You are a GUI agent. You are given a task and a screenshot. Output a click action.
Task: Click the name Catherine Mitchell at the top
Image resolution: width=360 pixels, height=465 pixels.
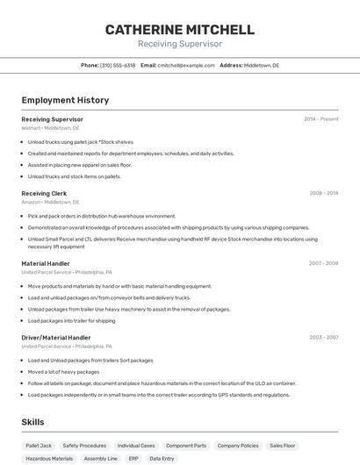pyautogui.click(x=180, y=30)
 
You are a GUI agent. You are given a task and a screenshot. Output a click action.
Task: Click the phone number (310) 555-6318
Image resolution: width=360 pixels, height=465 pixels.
pyautogui.click(x=118, y=65)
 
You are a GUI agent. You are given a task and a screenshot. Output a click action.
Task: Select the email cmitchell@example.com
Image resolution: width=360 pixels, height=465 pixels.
pyautogui.click(x=186, y=65)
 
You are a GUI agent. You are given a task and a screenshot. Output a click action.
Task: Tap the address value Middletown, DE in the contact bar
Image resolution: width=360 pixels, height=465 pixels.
pyautogui.click(x=262, y=65)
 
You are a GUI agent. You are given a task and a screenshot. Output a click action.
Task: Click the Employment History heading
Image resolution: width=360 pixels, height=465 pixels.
pyautogui.click(x=65, y=100)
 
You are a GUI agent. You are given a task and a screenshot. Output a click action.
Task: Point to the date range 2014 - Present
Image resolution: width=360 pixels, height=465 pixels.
pyautogui.click(x=320, y=119)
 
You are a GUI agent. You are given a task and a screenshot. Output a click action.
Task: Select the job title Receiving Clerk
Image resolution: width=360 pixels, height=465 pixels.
pyautogui.click(x=44, y=193)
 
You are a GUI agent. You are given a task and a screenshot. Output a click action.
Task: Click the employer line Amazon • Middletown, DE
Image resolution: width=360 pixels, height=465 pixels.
pyautogui.click(x=50, y=202)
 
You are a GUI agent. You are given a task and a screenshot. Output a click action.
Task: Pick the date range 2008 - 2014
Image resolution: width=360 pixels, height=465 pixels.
pyautogui.click(x=323, y=193)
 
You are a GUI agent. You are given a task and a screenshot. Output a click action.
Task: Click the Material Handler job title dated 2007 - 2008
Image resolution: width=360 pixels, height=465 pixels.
pyautogui.click(x=46, y=263)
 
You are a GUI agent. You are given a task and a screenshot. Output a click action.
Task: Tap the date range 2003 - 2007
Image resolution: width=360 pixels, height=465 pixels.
pyautogui.click(x=323, y=337)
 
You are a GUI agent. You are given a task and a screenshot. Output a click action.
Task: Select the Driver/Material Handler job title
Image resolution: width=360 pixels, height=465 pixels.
pyautogui.click(x=56, y=337)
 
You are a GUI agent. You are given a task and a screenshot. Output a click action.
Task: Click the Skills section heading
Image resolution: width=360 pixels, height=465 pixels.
pyautogui.click(x=32, y=422)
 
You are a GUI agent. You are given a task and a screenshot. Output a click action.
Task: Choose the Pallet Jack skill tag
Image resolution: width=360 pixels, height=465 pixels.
pyautogui.click(x=39, y=446)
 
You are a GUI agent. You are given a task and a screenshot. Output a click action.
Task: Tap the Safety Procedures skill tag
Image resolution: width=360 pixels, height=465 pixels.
pyautogui.click(x=84, y=446)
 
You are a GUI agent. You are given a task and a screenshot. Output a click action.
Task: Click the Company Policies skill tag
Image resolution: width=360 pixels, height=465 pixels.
pyautogui.click(x=238, y=446)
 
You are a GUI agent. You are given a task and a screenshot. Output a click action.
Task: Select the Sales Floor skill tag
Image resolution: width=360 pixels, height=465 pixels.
pyautogui.click(x=283, y=446)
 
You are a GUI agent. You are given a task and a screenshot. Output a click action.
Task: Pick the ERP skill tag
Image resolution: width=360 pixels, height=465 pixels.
pyautogui.click(x=133, y=458)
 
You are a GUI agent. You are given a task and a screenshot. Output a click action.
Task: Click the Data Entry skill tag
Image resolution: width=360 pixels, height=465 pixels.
pyautogui.click(x=162, y=458)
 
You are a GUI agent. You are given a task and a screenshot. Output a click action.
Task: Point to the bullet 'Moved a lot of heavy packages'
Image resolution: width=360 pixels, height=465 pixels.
pyautogui.click(x=63, y=371)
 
